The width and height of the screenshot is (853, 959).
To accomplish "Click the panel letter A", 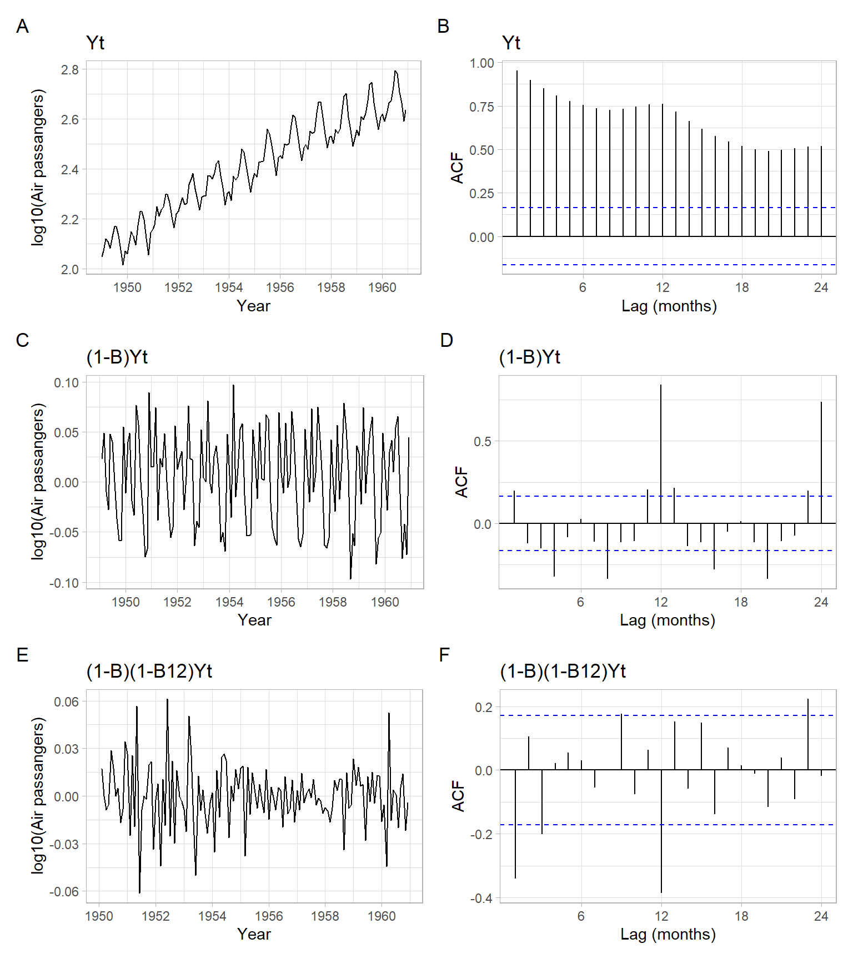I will point(22,26).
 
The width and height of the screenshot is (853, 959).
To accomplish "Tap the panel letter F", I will point(444,655).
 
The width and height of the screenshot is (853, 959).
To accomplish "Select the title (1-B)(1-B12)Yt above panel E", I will point(149,671).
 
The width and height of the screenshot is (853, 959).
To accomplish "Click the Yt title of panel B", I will point(511,43).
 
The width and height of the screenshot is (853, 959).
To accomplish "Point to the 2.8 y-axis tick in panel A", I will point(70,70).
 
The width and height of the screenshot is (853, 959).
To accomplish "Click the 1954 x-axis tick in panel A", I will point(229,287).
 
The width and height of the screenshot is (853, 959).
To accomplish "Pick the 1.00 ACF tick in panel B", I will point(481,63).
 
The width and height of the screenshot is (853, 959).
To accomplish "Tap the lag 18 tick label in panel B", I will point(742,287).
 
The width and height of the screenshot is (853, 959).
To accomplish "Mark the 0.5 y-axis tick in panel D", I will point(483,442).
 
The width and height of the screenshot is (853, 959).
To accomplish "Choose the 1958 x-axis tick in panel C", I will point(333,602).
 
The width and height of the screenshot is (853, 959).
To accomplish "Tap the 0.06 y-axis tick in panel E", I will point(66,702).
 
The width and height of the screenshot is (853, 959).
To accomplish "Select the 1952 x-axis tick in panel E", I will point(155,916).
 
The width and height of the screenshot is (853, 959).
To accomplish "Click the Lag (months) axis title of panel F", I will point(668,934).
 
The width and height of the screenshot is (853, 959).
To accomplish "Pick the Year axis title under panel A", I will point(253,306).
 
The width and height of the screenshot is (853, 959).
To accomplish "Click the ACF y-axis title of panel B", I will point(457,168).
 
